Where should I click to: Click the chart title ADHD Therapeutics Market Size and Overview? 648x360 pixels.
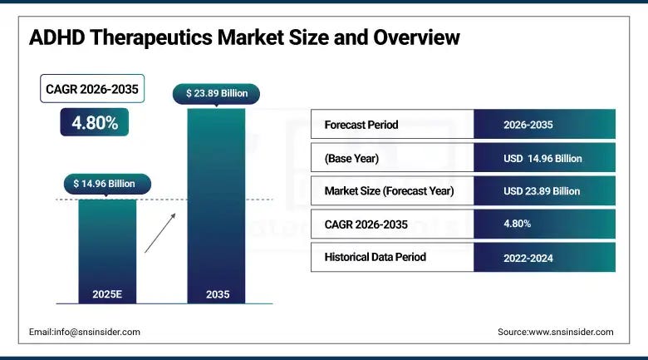click(244, 37)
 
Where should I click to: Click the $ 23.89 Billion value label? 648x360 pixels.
click(216, 93)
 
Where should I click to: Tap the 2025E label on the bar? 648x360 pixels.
click(107, 293)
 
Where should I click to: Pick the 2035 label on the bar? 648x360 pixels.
click(216, 293)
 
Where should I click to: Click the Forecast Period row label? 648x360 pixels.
click(361, 125)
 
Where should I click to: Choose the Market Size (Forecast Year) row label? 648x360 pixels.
click(389, 191)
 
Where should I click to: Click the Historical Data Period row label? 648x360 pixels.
click(376, 257)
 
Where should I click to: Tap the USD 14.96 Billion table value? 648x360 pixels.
click(542, 158)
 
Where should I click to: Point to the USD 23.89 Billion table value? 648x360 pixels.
click(542, 191)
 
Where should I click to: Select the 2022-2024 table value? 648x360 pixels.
click(528, 258)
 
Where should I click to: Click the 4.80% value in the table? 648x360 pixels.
click(518, 224)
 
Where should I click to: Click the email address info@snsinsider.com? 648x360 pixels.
click(85, 332)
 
